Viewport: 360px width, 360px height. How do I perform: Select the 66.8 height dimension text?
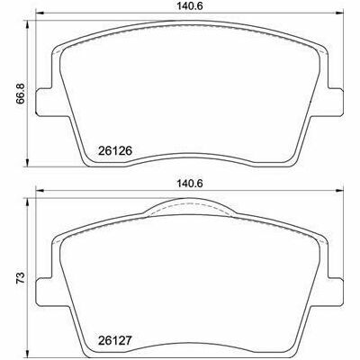(x=21, y=94)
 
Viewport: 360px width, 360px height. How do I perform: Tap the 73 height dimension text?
(x=21, y=278)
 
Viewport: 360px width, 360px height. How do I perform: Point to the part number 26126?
(x=115, y=150)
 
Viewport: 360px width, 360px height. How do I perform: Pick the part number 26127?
(x=115, y=341)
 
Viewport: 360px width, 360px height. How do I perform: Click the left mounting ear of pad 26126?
(x=44, y=102)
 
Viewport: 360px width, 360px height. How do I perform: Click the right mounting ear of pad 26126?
(x=334, y=102)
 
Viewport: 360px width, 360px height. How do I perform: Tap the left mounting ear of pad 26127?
(x=44, y=292)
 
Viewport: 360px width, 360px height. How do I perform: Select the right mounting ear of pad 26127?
(x=334, y=292)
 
